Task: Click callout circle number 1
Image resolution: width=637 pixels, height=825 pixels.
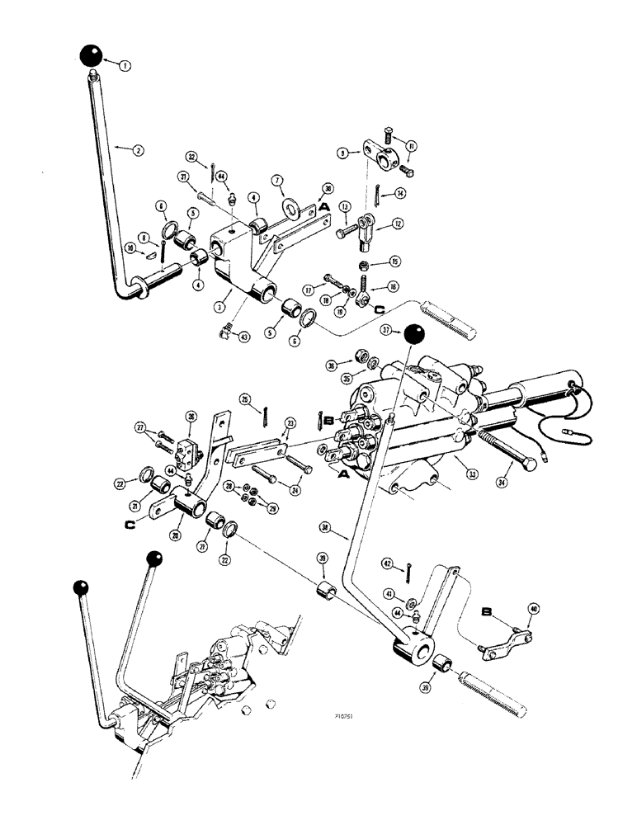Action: pos(124,64)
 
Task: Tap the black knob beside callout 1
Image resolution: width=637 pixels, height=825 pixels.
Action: pos(92,56)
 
